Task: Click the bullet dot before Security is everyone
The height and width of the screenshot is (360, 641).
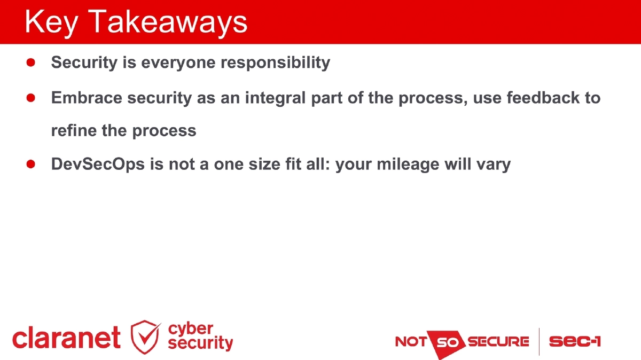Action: tap(31, 62)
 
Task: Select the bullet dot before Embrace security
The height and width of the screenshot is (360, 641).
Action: tap(31, 98)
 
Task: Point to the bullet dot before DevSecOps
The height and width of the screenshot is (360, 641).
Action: tap(31, 164)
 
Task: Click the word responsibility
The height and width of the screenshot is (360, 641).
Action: tap(276, 63)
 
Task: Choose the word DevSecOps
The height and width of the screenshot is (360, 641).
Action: tap(98, 165)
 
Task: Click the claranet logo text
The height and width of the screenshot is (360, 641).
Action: tap(66, 339)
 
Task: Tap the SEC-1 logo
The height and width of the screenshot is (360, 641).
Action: tap(575, 341)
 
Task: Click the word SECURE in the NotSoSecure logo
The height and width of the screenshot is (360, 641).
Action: tap(498, 341)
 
